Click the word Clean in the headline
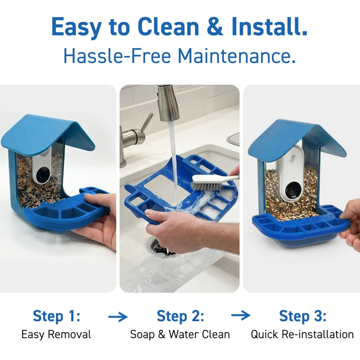pos(168,27)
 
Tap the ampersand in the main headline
pos(215,27)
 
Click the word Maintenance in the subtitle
pos(237,56)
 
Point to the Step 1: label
pos(57,316)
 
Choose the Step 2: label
pos(180,316)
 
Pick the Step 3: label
pos(302,316)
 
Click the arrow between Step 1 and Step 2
pos(118,317)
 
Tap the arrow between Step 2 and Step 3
pos(241,315)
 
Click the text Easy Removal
pos(56,334)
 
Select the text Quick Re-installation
pos(302,334)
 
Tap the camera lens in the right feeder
pos(293,190)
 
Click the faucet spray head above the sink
pos(168,103)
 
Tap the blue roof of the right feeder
pos(296,139)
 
